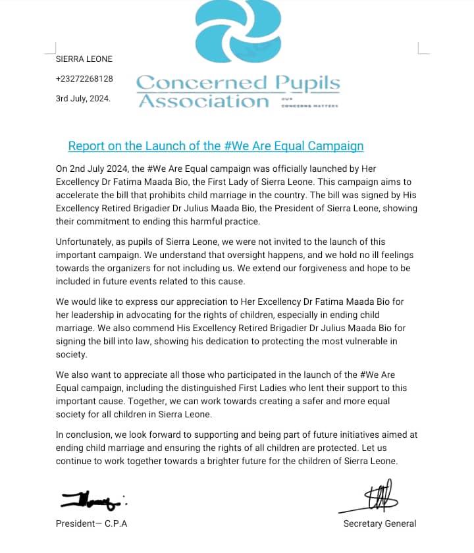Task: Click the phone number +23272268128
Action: (x=84, y=79)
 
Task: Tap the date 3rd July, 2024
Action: (x=83, y=98)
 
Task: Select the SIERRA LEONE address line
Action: (x=84, y=59)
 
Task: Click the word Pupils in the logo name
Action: (x=308, y=84)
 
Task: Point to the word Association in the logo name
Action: (x=203, y=101)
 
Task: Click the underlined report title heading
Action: (x=216, y=146)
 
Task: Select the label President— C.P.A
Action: (x=92, y=524)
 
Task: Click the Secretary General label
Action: (x=379, y=524)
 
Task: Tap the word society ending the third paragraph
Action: (x=71, y=354)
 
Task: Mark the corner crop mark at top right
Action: (x=423, y=47)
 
